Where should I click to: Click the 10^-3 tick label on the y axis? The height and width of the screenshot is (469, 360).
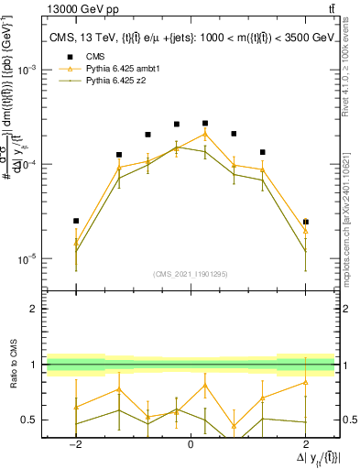29,70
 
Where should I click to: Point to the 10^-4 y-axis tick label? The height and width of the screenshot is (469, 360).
29,164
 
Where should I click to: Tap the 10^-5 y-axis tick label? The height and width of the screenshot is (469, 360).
29,258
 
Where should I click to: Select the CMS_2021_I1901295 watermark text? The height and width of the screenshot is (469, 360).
191,274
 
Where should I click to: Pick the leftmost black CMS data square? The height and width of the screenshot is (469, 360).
76,221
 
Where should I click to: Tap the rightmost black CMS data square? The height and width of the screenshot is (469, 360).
306,222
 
